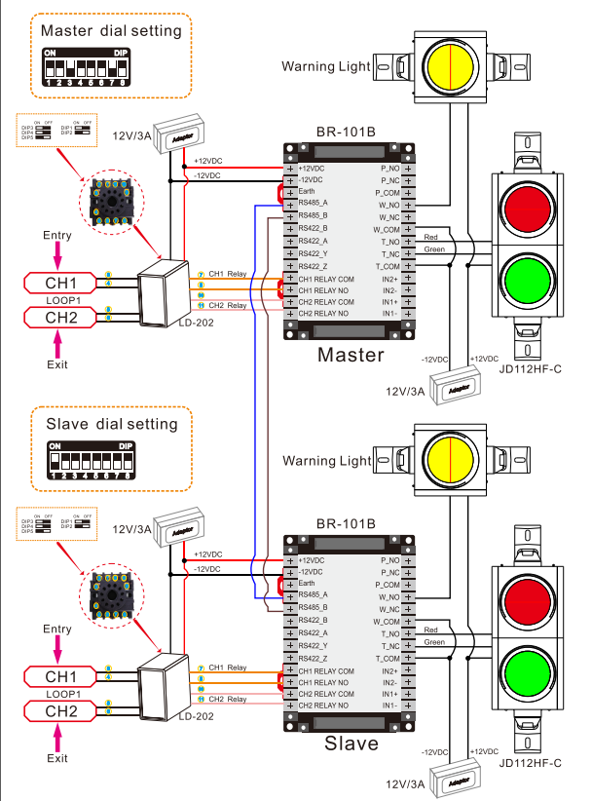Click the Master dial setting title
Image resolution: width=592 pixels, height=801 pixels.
(x=111, y=31)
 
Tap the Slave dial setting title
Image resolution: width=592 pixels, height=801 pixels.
(x=112, y=424)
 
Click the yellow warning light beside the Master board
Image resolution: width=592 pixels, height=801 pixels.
(x=450, y=65)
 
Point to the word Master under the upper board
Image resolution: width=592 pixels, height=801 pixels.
(x=351, y=355)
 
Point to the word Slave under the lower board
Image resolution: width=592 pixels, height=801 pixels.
(x=350, y=744)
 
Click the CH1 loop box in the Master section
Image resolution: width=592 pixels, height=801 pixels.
(x=60, y=283)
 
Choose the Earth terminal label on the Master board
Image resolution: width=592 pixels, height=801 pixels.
(x=307, y=192)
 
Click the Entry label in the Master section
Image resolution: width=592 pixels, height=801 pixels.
(x=57, y=237)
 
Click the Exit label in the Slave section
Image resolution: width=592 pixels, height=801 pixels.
(x=57, y=757)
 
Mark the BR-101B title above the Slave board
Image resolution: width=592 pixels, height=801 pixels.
(x=346, y=523)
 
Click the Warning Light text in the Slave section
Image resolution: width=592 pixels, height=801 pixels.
(x=326, y=460)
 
